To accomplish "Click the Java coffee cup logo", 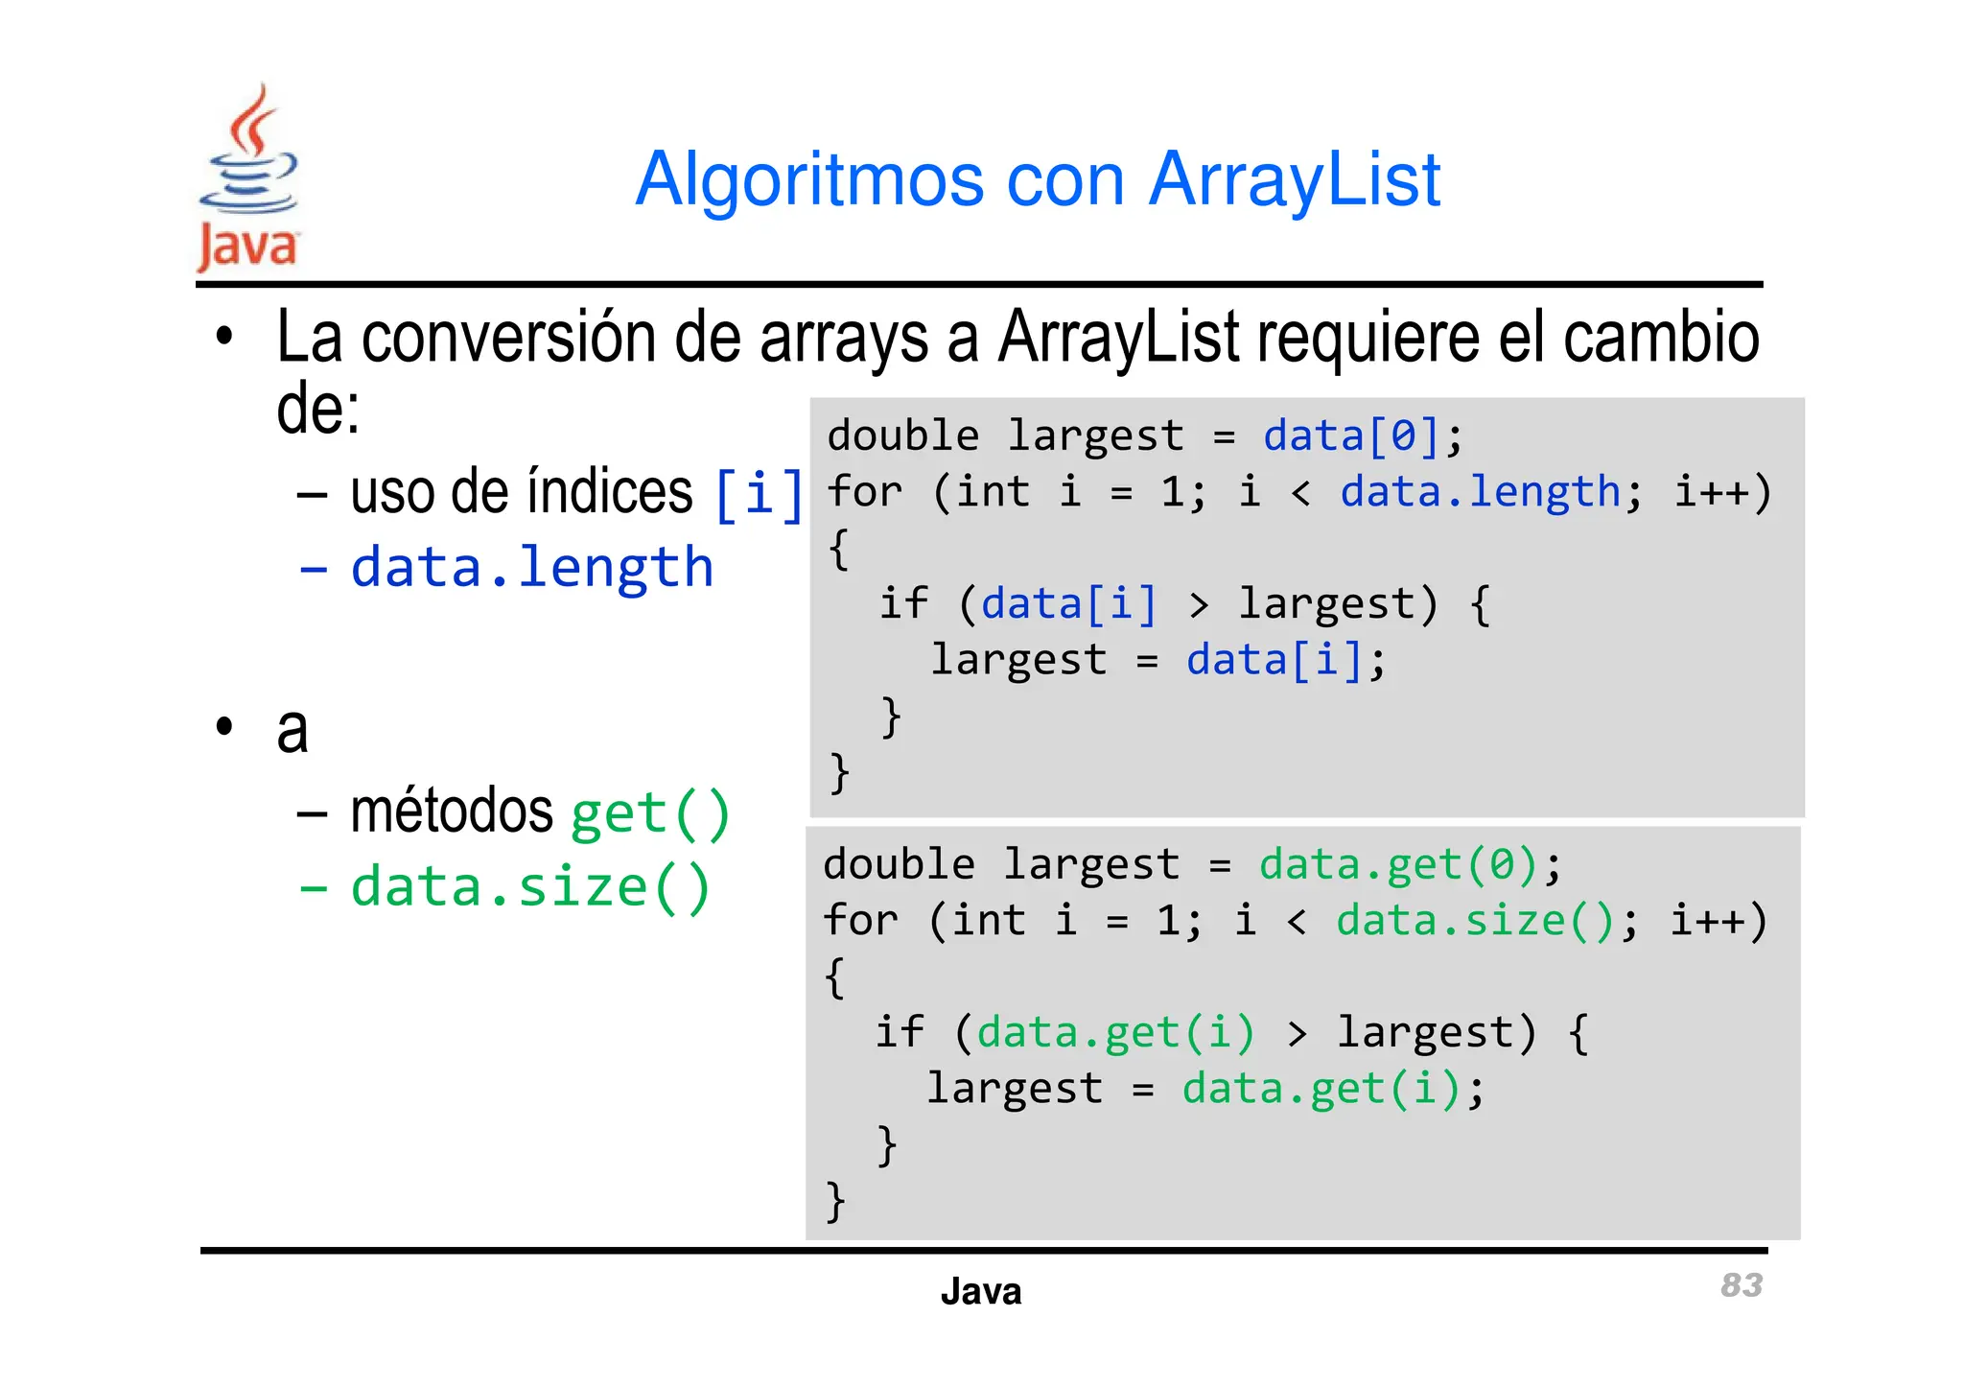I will tap(248, 177).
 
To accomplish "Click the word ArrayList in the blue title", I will tap(1294, 179).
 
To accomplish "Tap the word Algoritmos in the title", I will tap(809, 179).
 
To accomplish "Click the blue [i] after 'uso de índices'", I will tap(759, 493).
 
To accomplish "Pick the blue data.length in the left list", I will tap(532, 567).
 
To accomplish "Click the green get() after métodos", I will tap(650, 813).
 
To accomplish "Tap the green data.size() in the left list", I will tap(530, 886).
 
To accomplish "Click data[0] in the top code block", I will tap(1350, 436).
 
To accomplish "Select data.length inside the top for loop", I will tap(1480, 492).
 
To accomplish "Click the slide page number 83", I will tap(1741, 1284).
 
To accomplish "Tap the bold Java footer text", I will tap(980, 1291).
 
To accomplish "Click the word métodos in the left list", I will tap(452, 812).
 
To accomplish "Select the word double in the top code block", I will tap(902, 436).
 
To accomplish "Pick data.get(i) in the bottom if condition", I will tap(1115, 1033).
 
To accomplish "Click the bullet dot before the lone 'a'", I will tap(224, 726).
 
